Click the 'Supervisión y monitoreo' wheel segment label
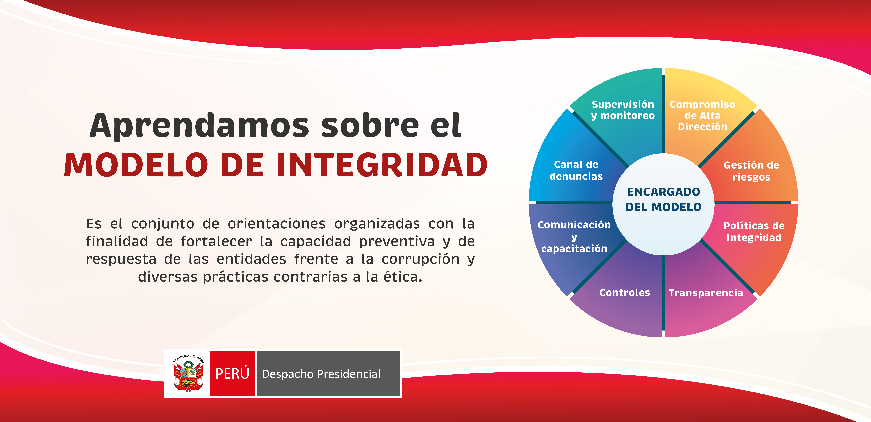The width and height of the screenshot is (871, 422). click(x=623, y=110)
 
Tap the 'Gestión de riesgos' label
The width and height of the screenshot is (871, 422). click(x=751, y=171)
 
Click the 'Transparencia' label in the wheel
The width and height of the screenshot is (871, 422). click(x=706, y=293)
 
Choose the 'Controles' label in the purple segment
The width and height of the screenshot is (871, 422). click(x=625, y=293)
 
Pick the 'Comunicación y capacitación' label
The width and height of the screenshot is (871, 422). click(x=574, y=237)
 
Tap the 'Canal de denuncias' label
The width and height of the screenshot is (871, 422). click(x=576, y=170)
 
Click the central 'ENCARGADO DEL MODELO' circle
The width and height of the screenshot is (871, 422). click(x=663, y=204)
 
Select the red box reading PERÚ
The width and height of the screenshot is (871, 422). click(x=232, y=373)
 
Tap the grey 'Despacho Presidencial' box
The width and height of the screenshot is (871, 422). click(x=328, y=373)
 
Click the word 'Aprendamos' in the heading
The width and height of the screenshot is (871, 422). click(x=199, y=126)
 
